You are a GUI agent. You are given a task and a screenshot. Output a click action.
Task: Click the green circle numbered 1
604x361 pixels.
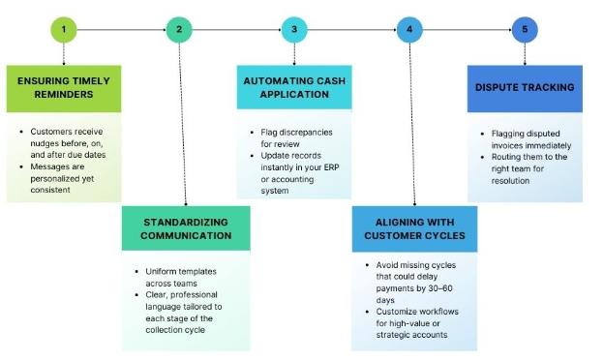point(64,30)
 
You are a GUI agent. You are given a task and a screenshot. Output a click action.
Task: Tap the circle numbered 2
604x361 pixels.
point(179,30)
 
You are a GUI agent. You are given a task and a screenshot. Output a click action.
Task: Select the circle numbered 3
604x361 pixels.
point(294,30)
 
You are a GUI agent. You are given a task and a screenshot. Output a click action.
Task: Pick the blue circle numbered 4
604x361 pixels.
point(409,30)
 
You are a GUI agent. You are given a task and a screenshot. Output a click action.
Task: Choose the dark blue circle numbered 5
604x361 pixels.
point(525,30)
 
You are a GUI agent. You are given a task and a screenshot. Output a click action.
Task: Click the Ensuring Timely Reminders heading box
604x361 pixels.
point(64,89)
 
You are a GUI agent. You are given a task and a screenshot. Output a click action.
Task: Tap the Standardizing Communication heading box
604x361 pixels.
point(186,228)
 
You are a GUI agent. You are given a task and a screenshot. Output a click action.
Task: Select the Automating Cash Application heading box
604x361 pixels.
point(294,87)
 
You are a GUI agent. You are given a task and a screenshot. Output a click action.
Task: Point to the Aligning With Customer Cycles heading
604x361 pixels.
point(414,228)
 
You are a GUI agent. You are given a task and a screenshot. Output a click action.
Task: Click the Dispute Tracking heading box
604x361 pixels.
point(525,89)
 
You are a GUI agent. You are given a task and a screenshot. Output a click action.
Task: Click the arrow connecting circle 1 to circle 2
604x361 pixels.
point(121,30)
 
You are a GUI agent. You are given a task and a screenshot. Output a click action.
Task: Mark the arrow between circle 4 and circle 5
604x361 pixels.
point(467,30)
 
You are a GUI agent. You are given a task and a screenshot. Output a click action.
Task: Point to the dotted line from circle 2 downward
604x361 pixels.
point(183,125)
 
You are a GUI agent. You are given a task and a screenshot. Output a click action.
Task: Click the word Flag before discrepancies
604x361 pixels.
point(268,133)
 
